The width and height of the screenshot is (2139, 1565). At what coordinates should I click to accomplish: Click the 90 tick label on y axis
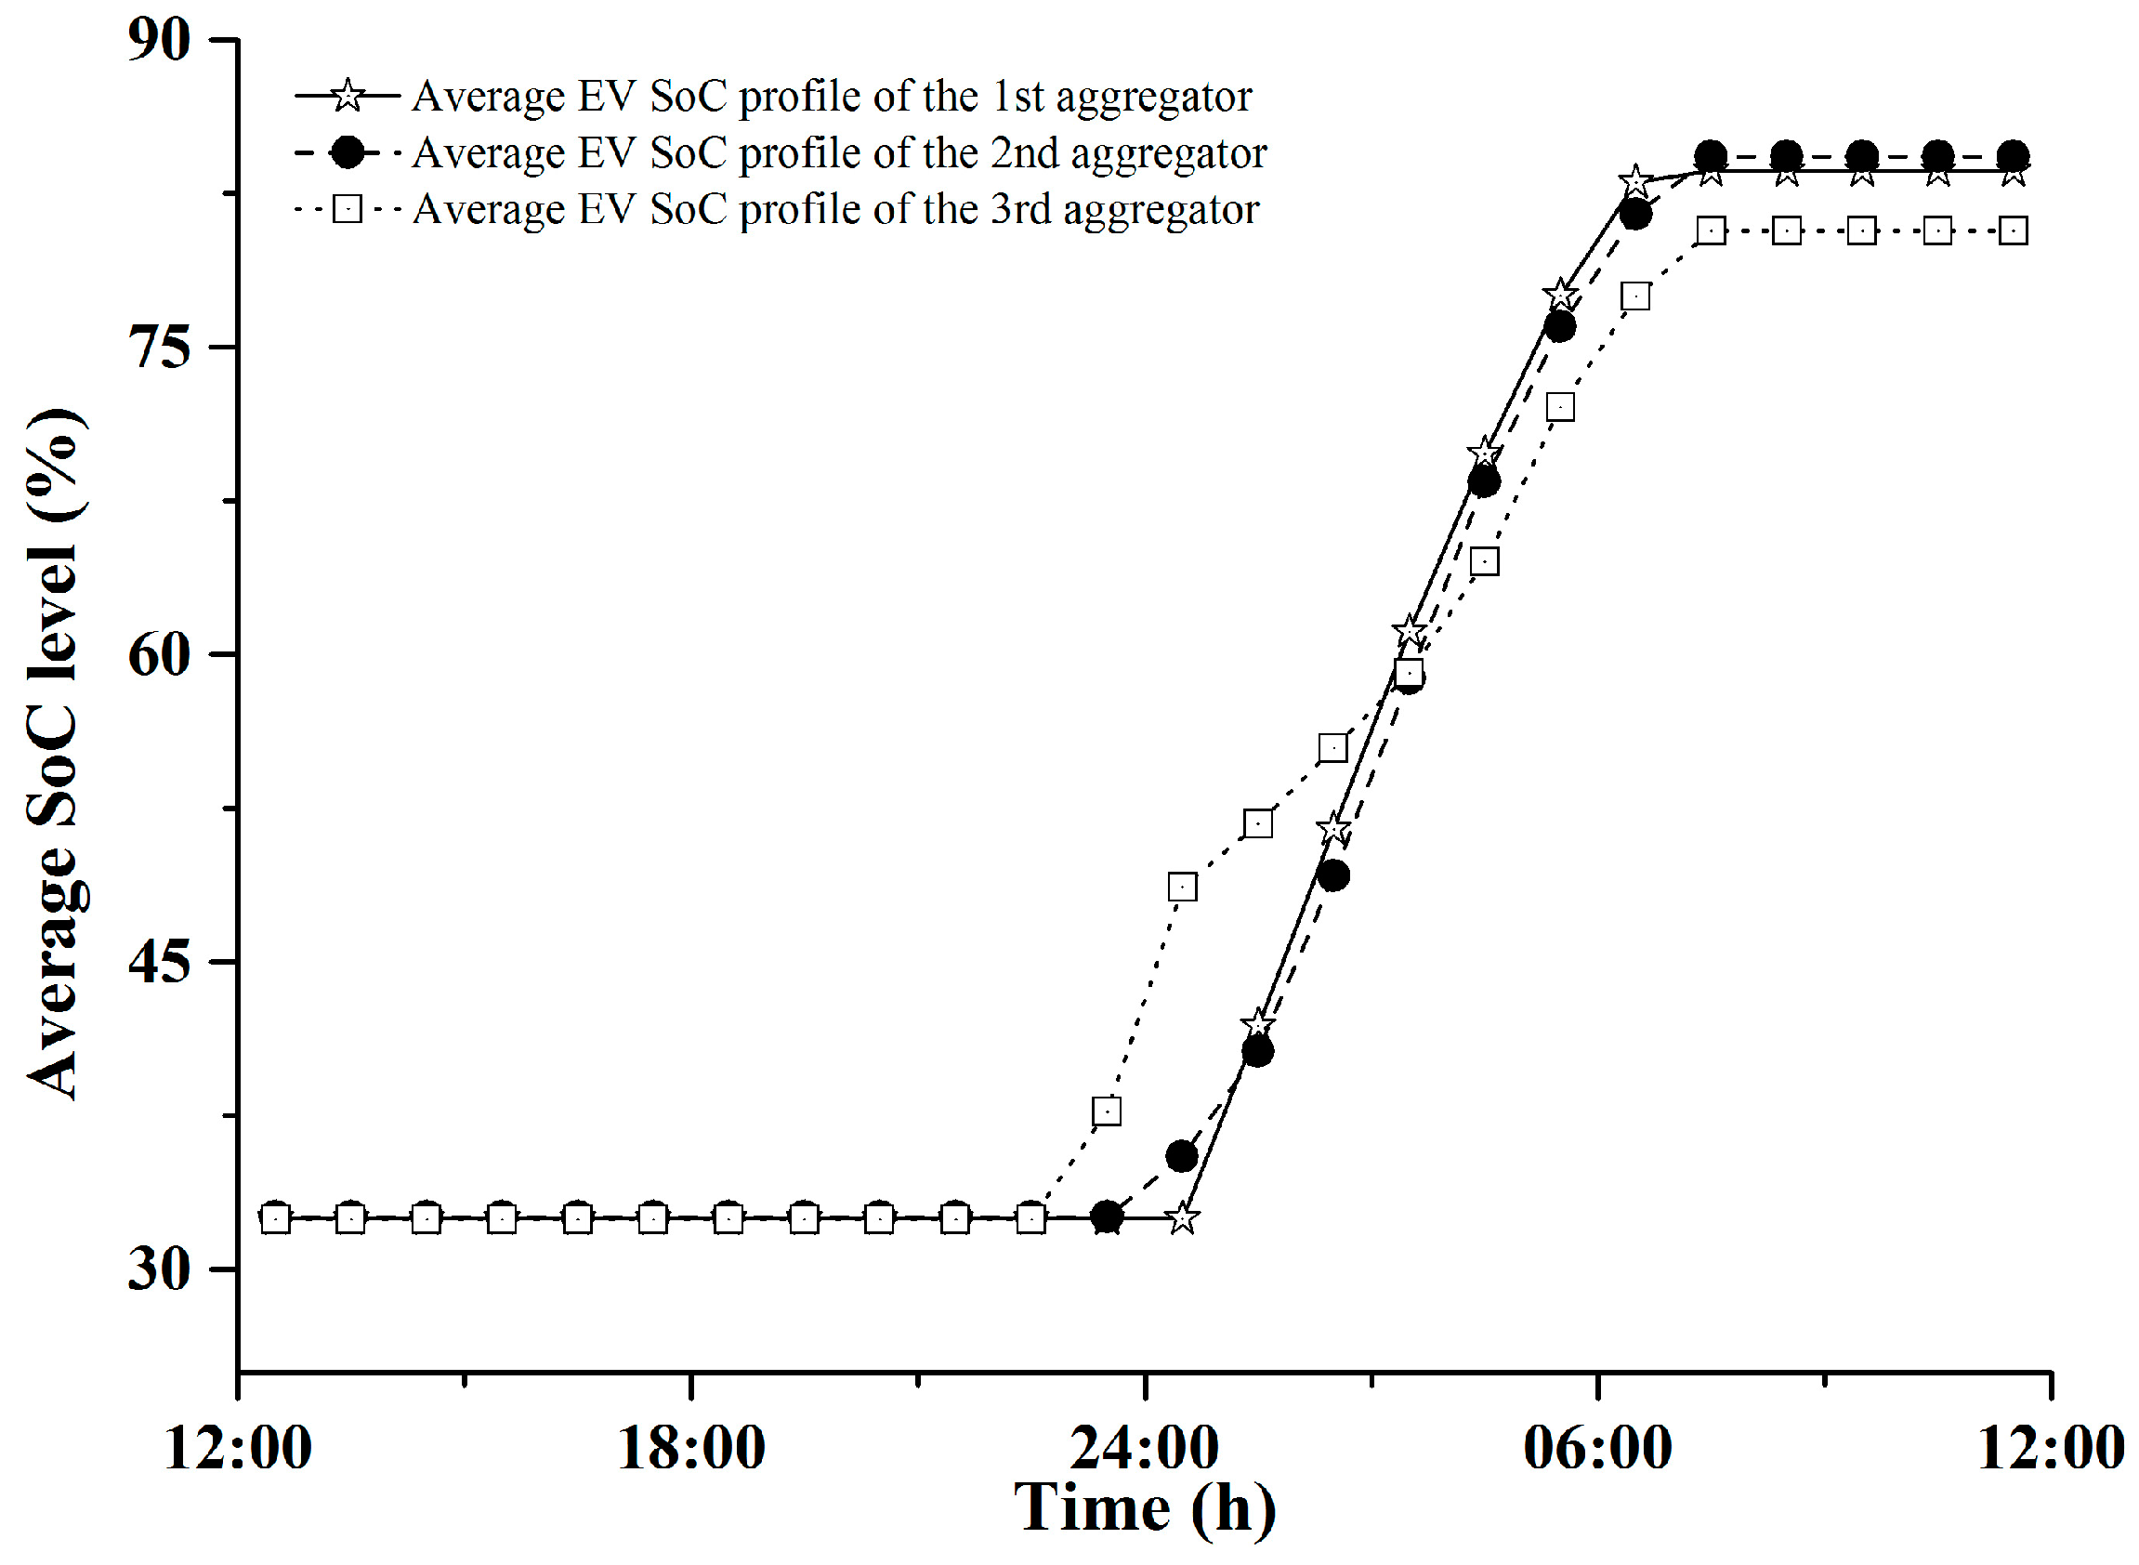point(158,40)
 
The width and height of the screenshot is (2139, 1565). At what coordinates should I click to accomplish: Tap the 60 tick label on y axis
point(158,654)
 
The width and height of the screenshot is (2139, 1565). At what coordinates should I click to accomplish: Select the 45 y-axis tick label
point(158,963)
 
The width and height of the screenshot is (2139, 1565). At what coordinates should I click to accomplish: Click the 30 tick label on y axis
point(158,1269)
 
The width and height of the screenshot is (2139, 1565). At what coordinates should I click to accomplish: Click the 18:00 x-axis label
point(690,1449)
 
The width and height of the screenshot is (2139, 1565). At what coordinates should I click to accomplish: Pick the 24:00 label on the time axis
point(1145,1449)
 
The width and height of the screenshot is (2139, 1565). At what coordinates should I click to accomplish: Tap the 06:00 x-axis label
point(1597,1449)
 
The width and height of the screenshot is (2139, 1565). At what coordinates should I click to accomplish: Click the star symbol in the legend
point(348,96)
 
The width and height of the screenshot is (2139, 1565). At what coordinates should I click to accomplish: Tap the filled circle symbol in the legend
point(348,152)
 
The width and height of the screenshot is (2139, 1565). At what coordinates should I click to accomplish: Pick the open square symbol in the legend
point(348,208)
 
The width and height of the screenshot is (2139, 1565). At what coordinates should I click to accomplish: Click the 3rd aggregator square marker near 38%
point(1107,1111)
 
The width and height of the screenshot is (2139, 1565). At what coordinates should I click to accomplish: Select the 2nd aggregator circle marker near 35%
point(1182,1157)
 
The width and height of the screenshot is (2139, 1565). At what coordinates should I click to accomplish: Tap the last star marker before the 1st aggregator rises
point(1182,1218)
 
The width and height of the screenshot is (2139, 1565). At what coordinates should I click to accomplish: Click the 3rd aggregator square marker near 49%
point(1182,888)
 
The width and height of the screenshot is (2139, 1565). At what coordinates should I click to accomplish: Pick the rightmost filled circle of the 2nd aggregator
point(2013,156)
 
